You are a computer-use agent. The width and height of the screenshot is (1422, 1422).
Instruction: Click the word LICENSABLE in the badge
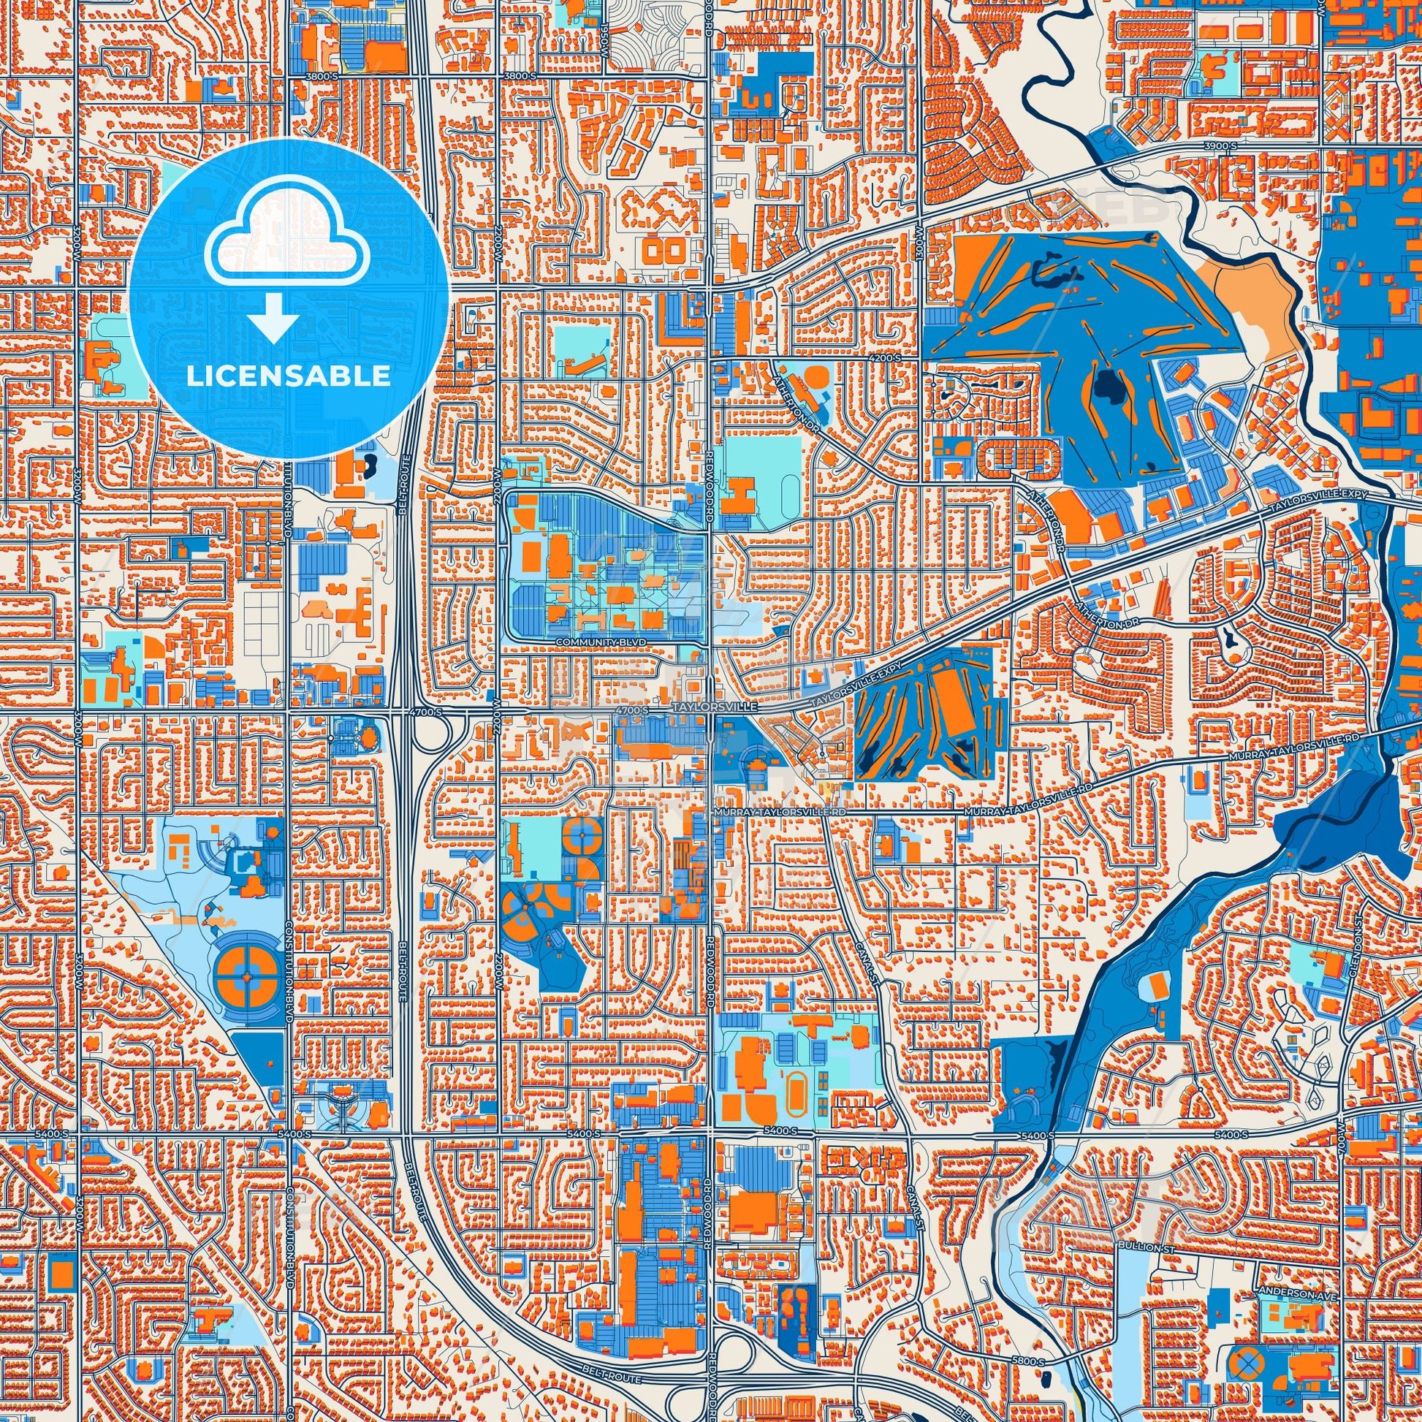(288, 376)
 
